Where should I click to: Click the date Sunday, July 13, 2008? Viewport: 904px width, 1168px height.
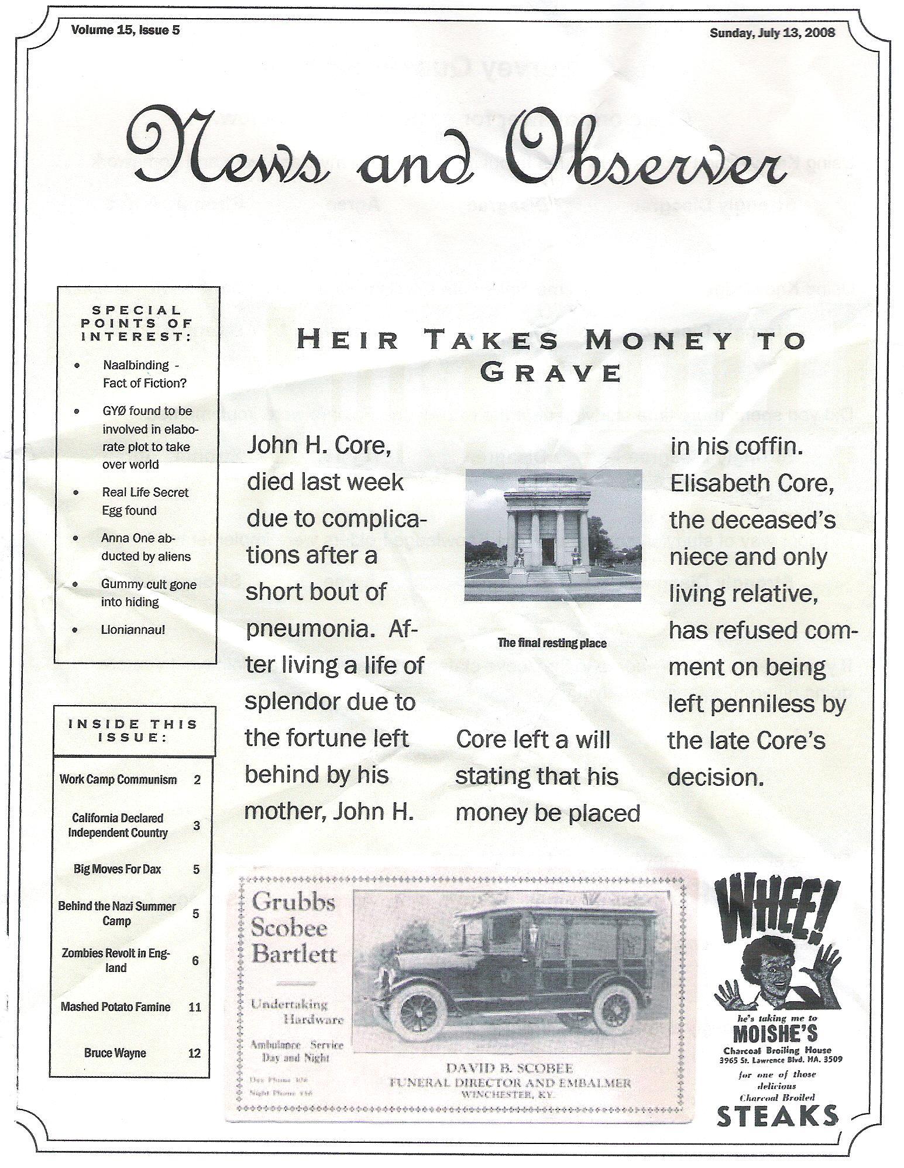[x=772, y=32]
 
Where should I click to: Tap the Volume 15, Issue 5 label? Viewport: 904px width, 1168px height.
[x=125, y=30]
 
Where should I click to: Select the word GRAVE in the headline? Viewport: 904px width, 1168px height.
[x=550, y=372]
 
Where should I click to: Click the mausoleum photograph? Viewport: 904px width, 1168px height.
[x=553, y=535]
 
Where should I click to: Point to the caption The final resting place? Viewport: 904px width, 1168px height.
[x=551, y=643]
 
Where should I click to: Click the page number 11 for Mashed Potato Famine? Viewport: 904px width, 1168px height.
[x=195, y=1007]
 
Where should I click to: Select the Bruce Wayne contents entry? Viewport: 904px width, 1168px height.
[x=115, y=1053]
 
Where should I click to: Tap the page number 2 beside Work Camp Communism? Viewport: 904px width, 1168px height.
[x=197, y=780]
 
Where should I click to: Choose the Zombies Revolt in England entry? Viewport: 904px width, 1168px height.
[x=116, y=960]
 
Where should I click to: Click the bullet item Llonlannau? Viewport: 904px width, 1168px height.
[x=133, y=630]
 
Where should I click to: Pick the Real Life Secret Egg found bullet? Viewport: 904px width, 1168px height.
[x=145, y=501]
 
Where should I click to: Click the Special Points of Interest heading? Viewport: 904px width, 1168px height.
[x=136, y=323]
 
